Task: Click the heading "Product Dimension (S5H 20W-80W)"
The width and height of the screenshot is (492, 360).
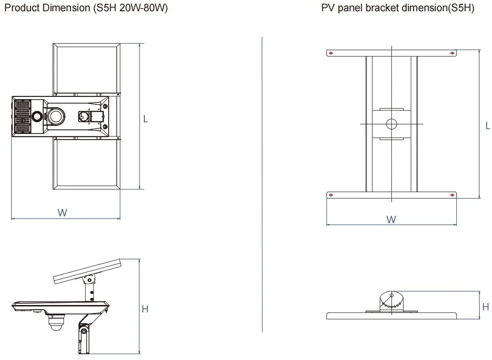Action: click(85, 8)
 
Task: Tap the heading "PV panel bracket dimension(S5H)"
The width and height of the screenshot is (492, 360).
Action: click(397, 8)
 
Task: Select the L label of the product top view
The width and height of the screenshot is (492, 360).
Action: click(145, 119)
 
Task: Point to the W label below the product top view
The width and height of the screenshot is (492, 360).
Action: click(62, 212)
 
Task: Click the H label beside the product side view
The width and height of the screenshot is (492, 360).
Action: click(145, 309)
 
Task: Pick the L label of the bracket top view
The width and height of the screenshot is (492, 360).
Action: click(488, 125)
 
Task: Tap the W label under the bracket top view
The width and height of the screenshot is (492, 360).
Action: click(391, 219)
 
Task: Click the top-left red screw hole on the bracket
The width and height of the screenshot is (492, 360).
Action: click(331, 53)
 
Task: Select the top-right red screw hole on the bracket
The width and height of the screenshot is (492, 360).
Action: click(452, 53)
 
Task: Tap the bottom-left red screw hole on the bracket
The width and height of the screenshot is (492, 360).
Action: click(331, 195)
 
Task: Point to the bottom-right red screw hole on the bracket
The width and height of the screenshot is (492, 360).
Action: click(452, 195)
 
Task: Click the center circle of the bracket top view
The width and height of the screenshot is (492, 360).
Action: click(391, 124)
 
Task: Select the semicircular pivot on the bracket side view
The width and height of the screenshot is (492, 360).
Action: click(391, 301)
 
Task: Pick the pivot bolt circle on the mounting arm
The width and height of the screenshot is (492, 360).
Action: click(84, 332)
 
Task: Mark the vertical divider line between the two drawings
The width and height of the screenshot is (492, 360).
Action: click(262, 183)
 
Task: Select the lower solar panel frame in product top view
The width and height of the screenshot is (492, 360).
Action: click(87, 164)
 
